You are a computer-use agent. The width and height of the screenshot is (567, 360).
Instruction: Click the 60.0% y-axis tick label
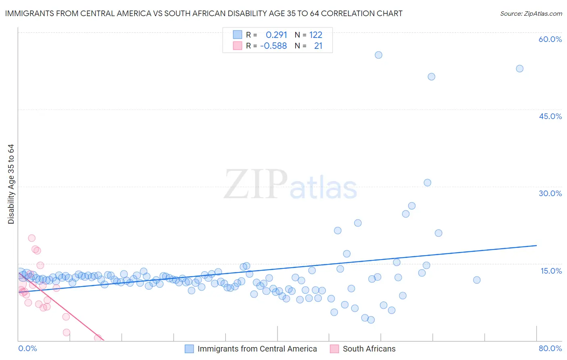tap(550, 39)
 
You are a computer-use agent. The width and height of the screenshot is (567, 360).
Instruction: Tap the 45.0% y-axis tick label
tap(550, 116)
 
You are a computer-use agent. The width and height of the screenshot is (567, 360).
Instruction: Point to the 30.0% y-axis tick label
tap(550, 193)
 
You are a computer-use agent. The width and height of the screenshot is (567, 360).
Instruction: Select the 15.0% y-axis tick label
tap(551, 270)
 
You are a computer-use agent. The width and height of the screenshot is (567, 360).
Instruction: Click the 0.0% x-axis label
tap(27, 348)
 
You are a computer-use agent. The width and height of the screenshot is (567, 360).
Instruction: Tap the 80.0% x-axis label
tap(550, 348)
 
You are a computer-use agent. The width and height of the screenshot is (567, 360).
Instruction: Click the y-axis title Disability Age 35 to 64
tap(11, 184)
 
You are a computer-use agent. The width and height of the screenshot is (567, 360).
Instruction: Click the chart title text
tap(204, 14)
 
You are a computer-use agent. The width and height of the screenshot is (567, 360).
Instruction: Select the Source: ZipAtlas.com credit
tap(531, 14)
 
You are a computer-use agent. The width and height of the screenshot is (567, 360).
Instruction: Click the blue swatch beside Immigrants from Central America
tap(189, 349)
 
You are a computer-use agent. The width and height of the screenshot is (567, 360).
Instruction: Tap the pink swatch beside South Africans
tap(334, 349)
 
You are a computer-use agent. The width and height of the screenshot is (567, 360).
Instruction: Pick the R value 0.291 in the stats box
tap(276, 35)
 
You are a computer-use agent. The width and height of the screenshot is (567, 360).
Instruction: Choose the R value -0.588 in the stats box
tap(273, 46)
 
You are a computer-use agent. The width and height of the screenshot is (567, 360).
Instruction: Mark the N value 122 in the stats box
tap(316, 35)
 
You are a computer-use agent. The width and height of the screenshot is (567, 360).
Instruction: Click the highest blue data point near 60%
tap(378, 55)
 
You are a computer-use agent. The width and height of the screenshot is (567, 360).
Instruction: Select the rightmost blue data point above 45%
tap(519, 69)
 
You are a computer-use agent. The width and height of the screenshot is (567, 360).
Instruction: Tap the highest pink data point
tap(32, 238)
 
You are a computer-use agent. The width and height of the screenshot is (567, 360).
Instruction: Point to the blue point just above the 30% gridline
tap(427, 182)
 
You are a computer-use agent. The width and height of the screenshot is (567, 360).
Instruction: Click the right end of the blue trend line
tap(536, 245)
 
